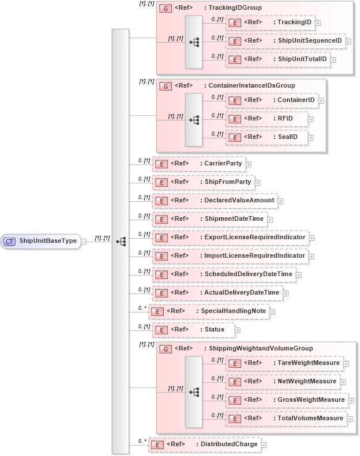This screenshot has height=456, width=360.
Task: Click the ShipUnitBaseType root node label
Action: (48, 241)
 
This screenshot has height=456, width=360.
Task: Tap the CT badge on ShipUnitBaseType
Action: (10, 241)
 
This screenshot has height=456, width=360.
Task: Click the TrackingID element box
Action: (271, 22)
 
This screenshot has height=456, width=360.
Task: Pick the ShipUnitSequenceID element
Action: (286, 41)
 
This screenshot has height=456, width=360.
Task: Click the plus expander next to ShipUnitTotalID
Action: (333, 59)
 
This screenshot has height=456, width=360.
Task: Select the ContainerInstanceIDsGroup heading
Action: (243, 85)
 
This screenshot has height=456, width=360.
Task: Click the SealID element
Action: (267, 137)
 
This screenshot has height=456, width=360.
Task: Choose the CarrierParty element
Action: (199, 163)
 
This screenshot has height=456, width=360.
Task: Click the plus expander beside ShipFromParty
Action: (257, 182)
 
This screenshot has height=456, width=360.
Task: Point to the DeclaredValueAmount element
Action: (215, 200)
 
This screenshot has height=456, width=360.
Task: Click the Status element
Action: (193, 329)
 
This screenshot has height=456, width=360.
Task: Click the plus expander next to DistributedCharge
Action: (264, 444)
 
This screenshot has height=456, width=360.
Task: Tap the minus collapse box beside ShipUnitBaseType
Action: (84, 241)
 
